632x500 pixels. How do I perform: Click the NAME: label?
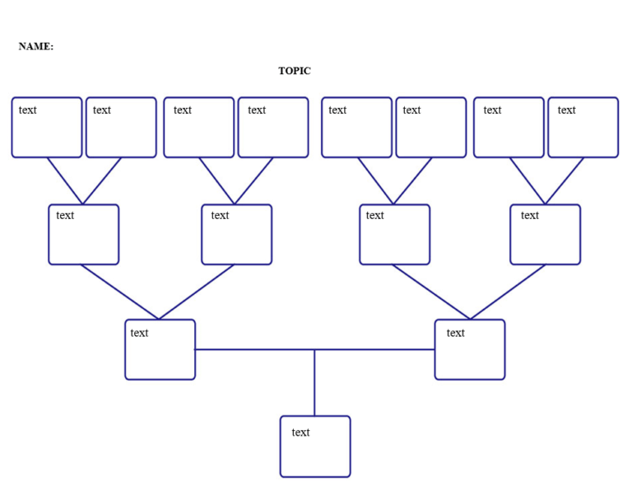tap(35, 46)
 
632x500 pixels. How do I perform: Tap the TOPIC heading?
tap(294, 71)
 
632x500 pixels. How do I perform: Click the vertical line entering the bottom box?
tap(314, 383)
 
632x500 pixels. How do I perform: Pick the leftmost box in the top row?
tap(47, 128)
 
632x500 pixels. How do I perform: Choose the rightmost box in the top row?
tap(583, 128)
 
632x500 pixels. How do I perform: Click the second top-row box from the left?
tap(121, 128)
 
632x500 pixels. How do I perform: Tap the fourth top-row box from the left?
tap(273, 128)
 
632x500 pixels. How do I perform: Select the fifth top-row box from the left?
tap(356, 128)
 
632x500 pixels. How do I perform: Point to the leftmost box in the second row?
tap(83, 235)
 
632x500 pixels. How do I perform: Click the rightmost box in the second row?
tap(545, 235)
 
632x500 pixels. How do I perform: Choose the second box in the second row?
tap(236, 235)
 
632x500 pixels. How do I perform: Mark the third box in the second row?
tap(394, 235)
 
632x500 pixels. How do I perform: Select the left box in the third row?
tap(160, 350)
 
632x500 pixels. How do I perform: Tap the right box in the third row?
tap(470, 350)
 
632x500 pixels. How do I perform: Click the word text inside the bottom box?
tap(300, 432)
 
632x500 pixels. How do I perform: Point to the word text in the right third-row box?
tap(455, 333)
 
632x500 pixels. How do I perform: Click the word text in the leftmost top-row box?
tap(27, 110)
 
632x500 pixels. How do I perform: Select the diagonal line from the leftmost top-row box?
tap(65, 180)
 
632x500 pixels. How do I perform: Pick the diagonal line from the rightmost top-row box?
tap(565, 180)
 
